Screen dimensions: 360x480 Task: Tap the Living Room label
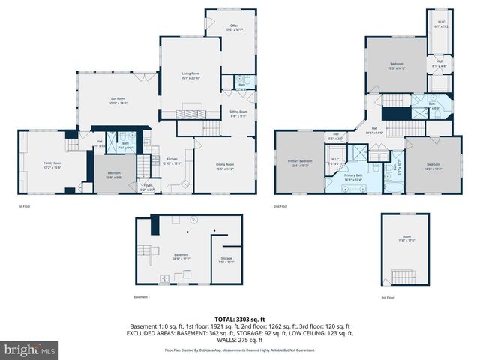tap(190, 76)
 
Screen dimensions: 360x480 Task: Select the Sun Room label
tap(118, 100)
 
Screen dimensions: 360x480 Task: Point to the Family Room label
tap(52, 165)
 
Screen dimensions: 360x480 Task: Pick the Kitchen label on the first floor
tap(172, 160)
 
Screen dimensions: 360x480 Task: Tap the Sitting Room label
tap(238, 113)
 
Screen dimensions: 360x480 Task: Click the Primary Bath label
tap(352, 178)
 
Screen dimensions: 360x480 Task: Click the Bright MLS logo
tap(30, 349)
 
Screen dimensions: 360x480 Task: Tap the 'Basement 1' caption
tap(142, 297)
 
